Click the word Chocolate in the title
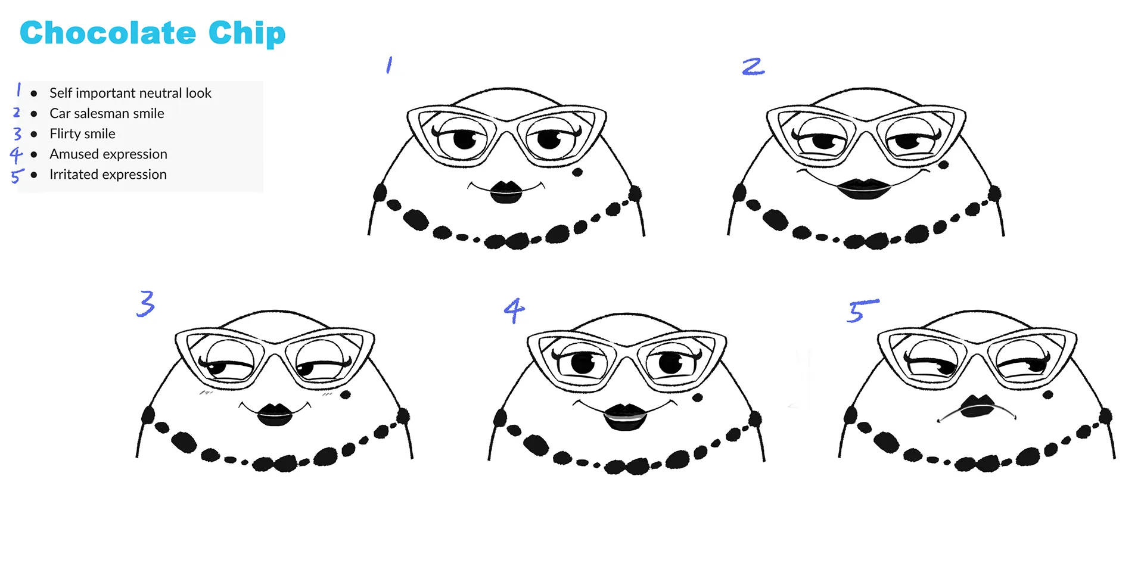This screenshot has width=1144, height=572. pyautogui.click(x=108, y=33)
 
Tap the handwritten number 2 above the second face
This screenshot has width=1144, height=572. pyautogui.click(x=753, y=66)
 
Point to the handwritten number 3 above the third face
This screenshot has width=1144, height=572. pyautogui.click(x=145, y=303)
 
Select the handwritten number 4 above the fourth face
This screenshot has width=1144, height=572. pyautogui.click(x=514, y=310)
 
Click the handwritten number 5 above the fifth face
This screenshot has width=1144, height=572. pyautogui.click(x=861, y=310)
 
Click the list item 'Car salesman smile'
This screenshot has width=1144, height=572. pyautogui.click(x=107, y=113)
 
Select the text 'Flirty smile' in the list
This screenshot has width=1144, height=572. pyautogui.click(x=82, y=133)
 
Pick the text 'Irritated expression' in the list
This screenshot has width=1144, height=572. pyautogui.click(x=108, y=175)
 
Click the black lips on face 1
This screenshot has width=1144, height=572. pyautogui.click(x=506, y=192)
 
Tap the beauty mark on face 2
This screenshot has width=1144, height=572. pyautogui.click(x=943, y=164)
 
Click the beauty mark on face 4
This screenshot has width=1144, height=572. pyautogui.click(x=698, y=397)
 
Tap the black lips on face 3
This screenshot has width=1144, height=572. pyautogui.click(x=274, y=415)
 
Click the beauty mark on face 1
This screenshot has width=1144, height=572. pyautogui.click(x=577, y=173)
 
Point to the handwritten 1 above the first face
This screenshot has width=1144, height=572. pyautogui.click(x=389, y=64)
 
